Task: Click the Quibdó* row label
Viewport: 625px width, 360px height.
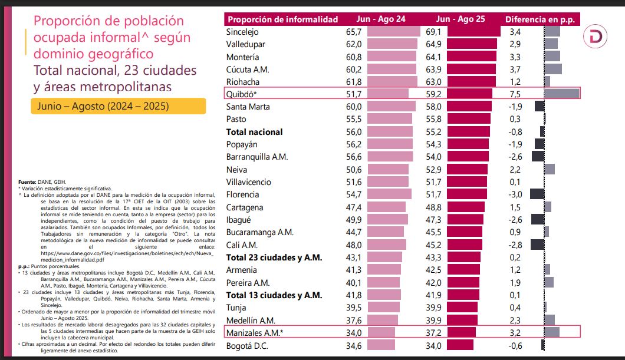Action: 242,93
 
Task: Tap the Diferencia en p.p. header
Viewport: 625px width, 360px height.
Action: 539,19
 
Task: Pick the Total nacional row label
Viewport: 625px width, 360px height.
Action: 255,132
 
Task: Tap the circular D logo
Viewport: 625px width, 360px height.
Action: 599,37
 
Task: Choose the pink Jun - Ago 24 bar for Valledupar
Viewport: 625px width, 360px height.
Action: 392,44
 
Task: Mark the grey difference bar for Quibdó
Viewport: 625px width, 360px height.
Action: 561,93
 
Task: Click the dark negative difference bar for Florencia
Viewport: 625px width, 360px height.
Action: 537,194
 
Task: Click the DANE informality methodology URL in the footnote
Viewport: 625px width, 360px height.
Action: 118,256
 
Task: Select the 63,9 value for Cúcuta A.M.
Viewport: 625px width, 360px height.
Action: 434,70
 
